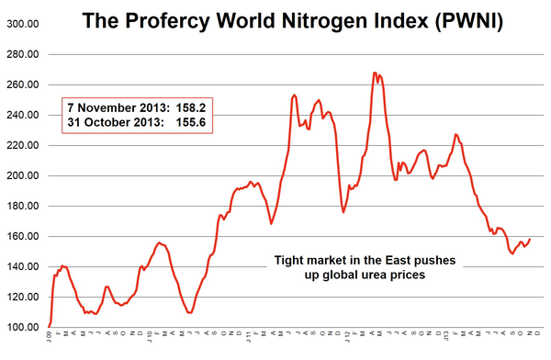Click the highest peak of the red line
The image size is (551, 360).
click(375, 73)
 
